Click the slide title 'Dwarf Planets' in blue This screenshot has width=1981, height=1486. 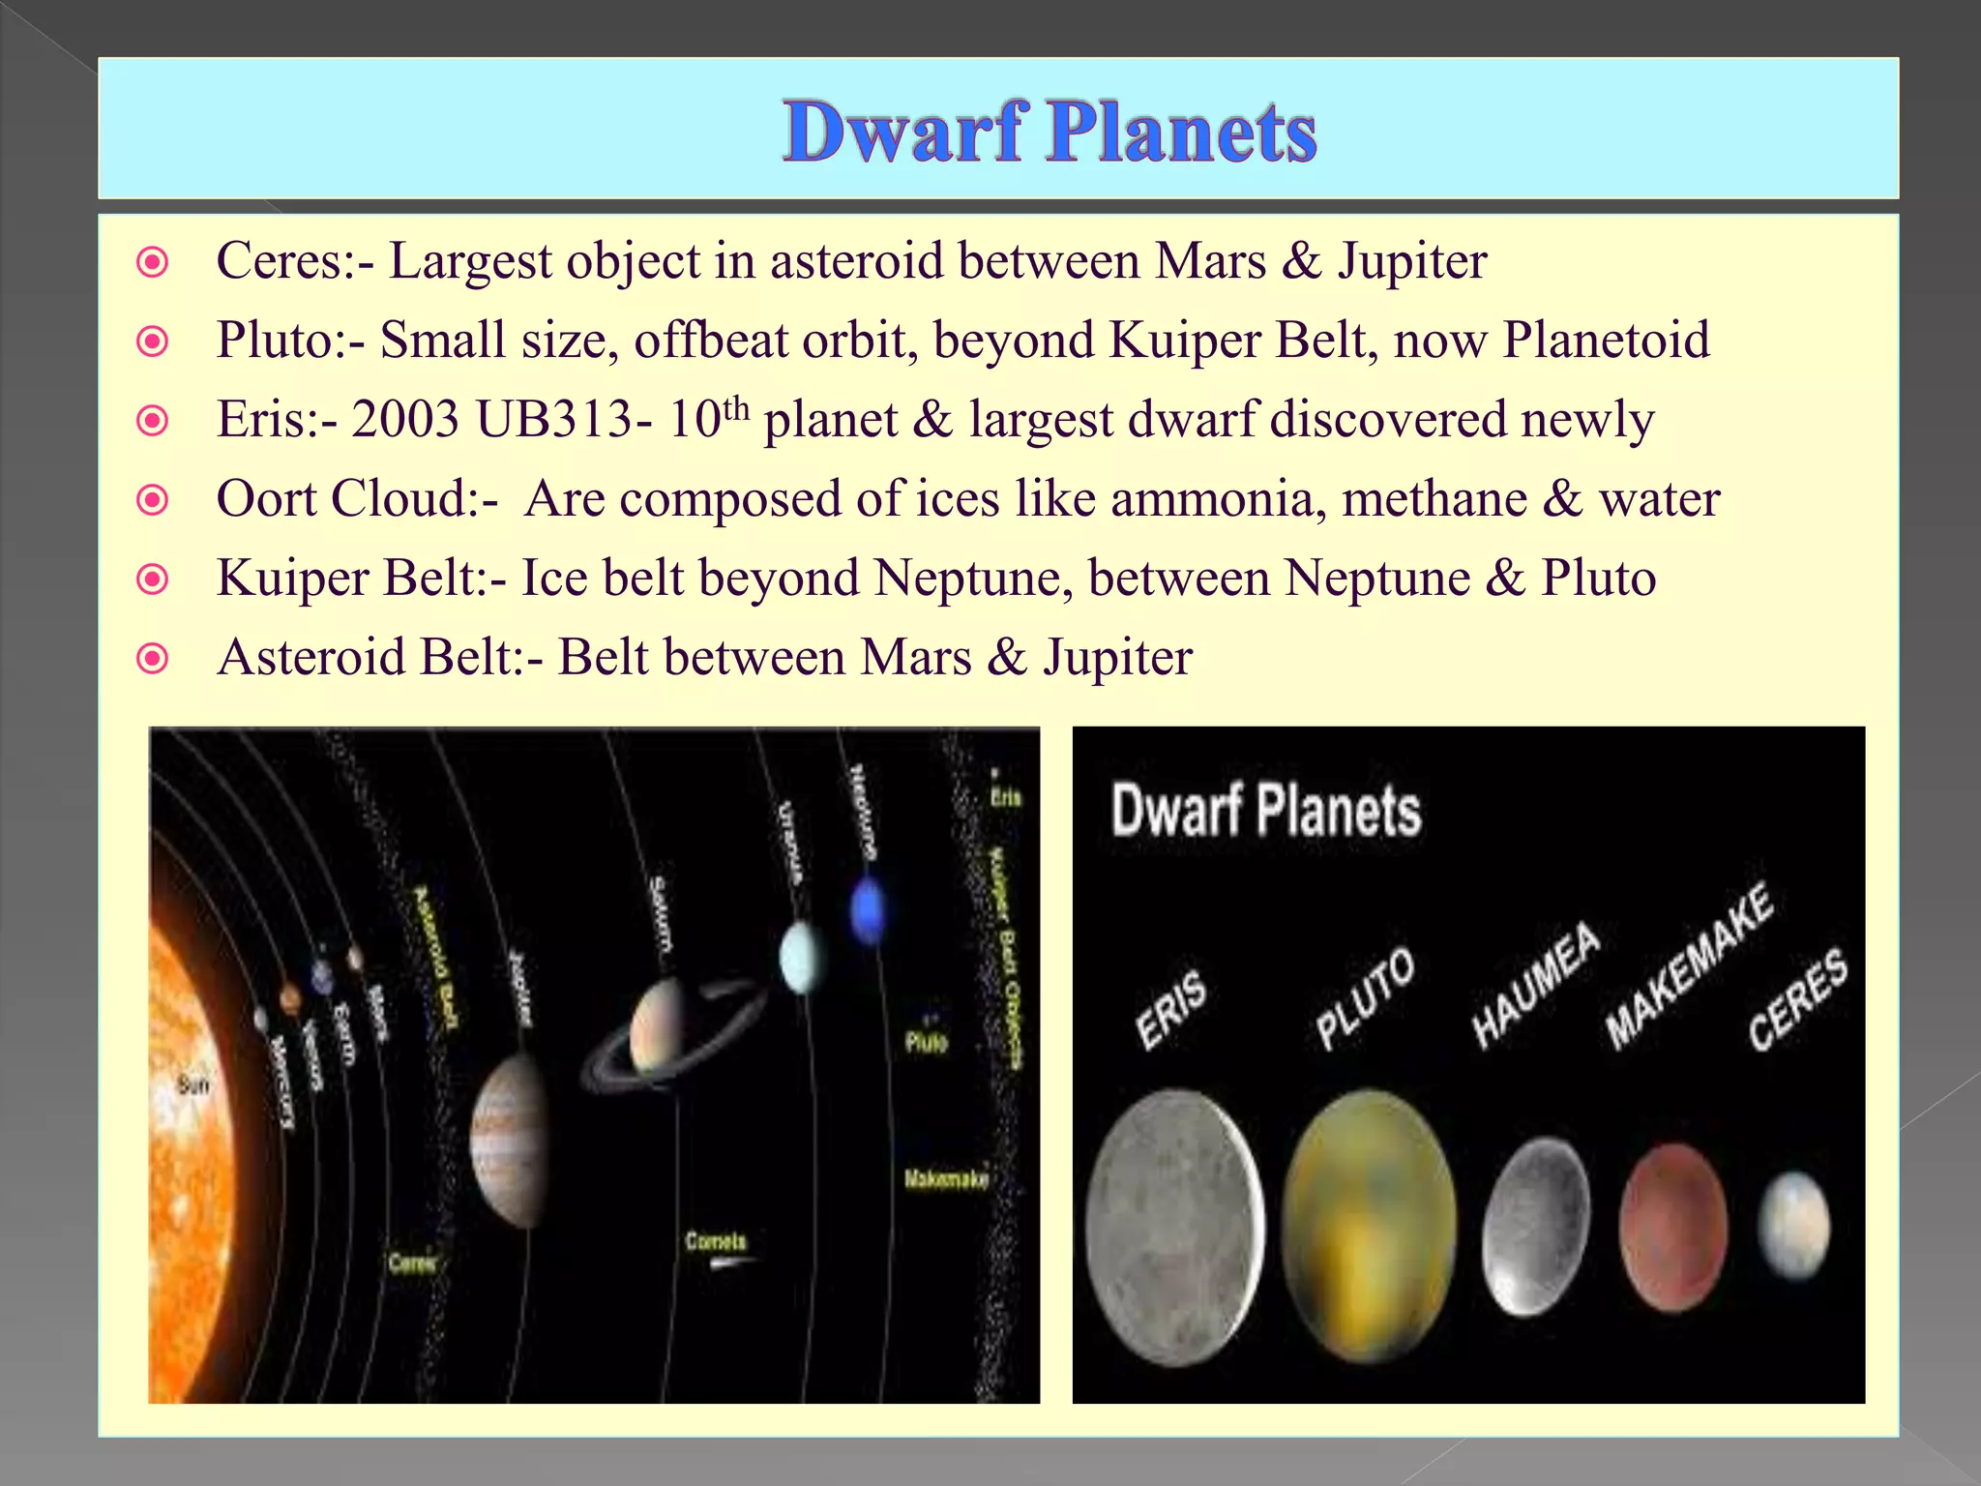[x=1049, y=133]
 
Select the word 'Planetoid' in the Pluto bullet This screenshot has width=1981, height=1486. [x=1606, y=341]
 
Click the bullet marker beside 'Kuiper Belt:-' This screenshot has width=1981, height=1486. [x=153, y=580]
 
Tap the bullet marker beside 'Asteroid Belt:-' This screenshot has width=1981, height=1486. [x=153, y=659]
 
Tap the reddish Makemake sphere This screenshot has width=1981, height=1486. [x=1672, y=1226]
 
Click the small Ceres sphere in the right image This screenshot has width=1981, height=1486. [x=1795, y=1224]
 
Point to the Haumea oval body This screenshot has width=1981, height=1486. [x=1536, y=1225]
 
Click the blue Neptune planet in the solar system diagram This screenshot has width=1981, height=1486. [x=867, y=909]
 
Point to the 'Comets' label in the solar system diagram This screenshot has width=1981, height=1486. [x=716, y=1240]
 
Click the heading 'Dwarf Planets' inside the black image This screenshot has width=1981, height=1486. [x=1266, y=811]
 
